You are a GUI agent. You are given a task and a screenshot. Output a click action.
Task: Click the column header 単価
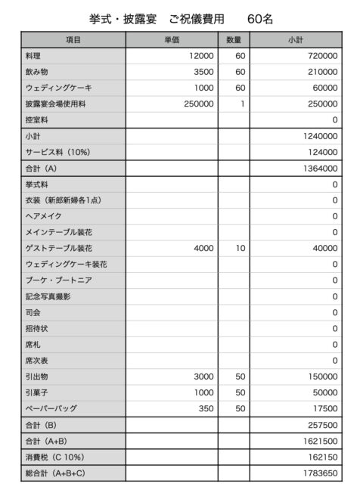coord(172,39)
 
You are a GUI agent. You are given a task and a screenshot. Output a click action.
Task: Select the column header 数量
coord(234,39)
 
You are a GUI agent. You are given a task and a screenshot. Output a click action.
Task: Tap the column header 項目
coord(73,39)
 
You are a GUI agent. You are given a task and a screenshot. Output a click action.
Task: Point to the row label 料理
coord(35,56)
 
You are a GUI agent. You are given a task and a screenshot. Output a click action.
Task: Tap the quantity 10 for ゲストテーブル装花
coord(241,248)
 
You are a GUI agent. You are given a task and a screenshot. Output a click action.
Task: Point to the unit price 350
coord(206,408)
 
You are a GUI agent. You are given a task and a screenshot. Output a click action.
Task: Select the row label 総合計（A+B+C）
coord(56,474)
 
